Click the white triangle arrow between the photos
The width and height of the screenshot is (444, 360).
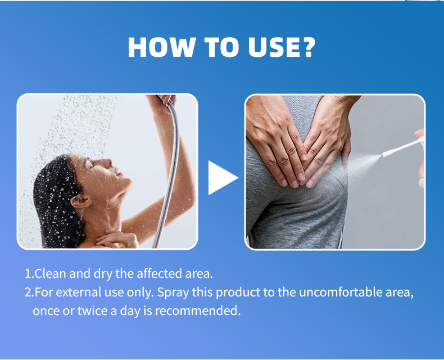(x=221, y=178)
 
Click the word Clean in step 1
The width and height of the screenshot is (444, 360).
(x=51, y=274)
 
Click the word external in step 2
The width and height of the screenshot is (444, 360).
(x=75, y=292)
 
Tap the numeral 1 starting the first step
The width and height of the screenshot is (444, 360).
(x=28, y=274)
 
